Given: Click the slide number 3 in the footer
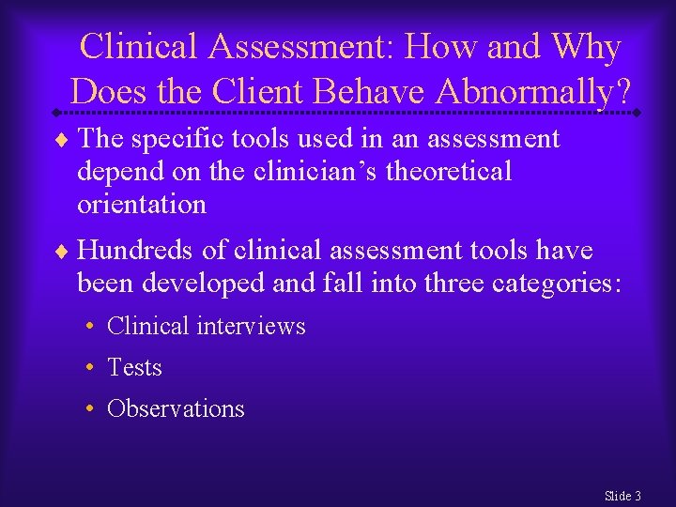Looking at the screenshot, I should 638,495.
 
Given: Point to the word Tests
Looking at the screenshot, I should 135,367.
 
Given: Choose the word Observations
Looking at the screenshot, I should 176,408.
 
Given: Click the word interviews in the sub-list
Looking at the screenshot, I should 252,326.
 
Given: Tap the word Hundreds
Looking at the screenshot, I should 127,251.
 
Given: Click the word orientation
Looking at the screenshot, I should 142,204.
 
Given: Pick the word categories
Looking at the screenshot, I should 556,283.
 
